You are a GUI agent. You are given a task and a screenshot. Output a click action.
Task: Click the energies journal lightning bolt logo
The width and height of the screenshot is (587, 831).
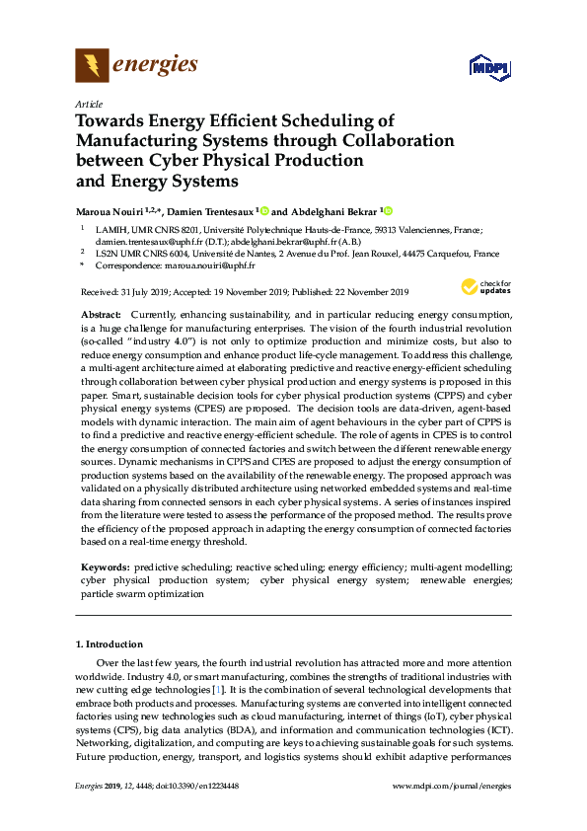point(93,66)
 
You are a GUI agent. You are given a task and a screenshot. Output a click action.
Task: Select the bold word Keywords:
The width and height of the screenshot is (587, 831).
point(104,567)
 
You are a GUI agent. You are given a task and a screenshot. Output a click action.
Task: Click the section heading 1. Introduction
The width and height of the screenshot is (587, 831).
point(111,644)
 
